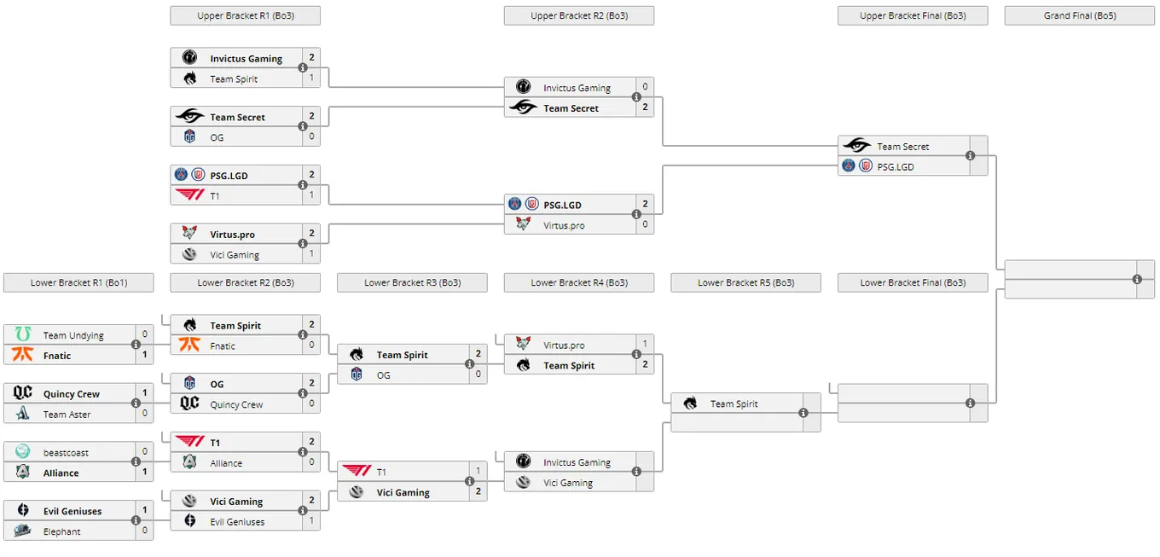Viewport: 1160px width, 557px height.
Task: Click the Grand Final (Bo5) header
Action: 1080,15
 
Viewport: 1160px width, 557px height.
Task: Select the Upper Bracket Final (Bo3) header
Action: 913,15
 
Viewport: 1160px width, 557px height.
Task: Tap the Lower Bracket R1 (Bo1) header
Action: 78,282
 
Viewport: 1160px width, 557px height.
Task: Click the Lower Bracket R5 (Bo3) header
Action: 745,282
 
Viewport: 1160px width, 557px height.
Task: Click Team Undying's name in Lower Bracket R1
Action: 73,335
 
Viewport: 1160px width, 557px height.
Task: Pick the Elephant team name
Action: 61,531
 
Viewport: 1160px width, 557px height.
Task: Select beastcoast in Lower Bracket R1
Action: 66,453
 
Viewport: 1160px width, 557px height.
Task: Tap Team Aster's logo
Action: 23,413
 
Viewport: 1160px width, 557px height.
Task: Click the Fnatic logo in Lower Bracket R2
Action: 189,345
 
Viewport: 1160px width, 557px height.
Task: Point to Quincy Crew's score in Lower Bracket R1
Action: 144,393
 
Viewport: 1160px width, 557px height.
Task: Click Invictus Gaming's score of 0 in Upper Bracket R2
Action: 645,87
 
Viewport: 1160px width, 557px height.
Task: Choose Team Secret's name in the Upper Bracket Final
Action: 902,147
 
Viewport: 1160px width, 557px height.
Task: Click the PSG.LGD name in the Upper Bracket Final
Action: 896,167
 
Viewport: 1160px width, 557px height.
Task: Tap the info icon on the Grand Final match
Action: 1137,280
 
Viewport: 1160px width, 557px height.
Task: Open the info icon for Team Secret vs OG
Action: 303,126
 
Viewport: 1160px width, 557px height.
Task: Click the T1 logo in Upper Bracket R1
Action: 190,194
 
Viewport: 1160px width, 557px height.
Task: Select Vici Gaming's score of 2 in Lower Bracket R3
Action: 478,491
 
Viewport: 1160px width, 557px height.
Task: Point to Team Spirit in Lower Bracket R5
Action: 734,403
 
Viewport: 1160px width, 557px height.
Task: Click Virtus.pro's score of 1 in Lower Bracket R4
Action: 645,344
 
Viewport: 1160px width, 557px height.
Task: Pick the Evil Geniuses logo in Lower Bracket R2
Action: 190,520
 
